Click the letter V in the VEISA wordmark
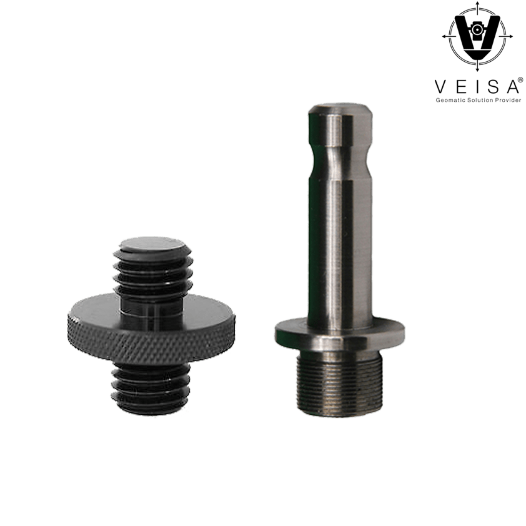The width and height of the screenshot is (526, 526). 441,87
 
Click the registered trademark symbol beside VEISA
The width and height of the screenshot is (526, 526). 520,80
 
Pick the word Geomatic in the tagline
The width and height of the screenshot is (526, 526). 449,100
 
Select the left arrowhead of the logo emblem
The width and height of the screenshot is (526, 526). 445,36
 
